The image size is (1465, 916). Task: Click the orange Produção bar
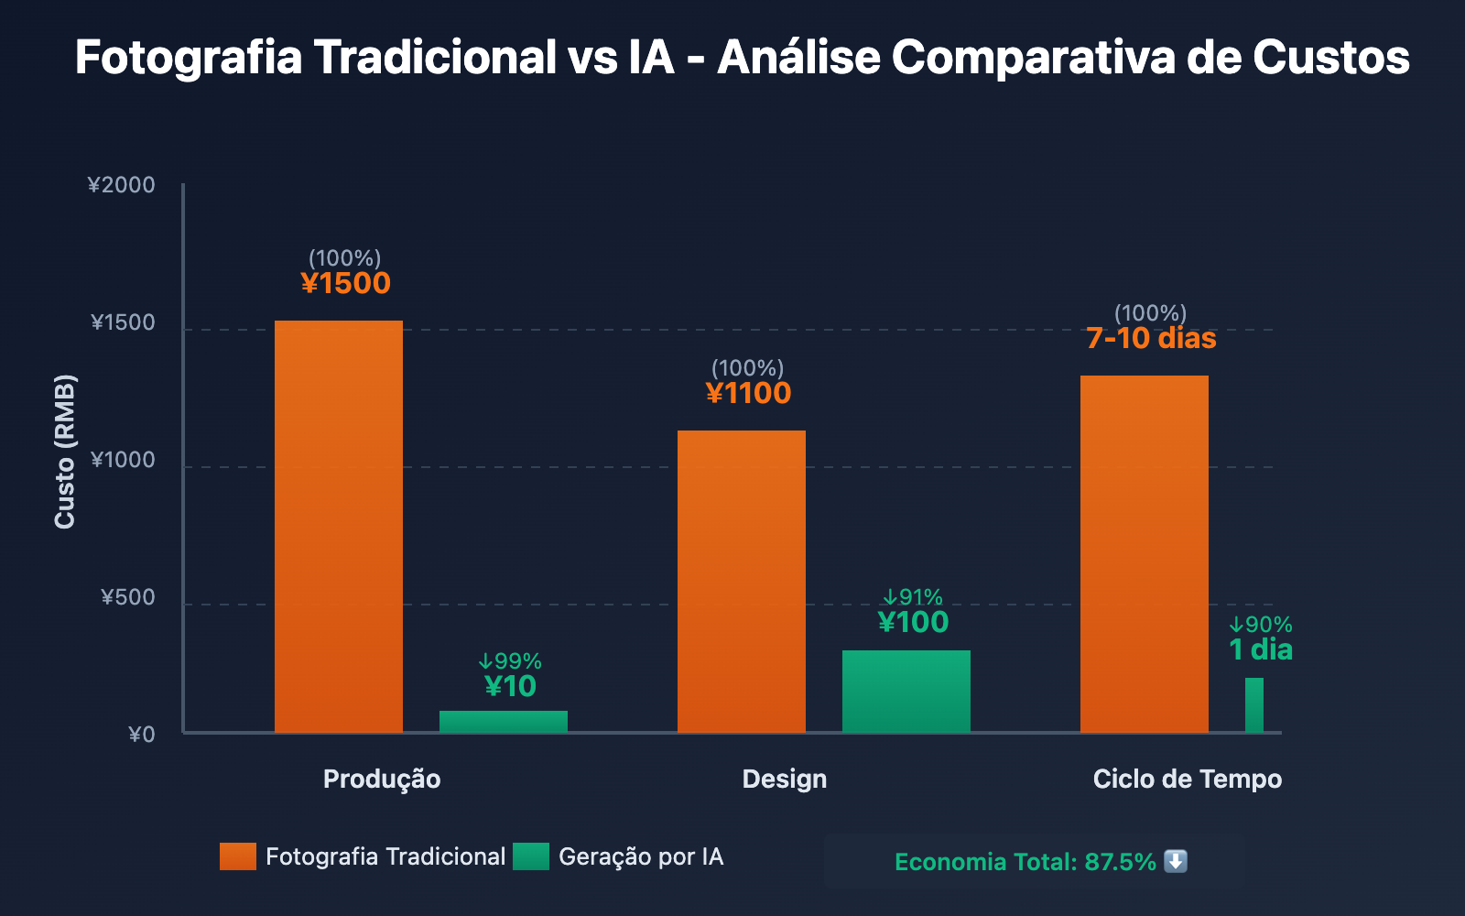pos(339,527)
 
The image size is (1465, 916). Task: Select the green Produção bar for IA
pos(504,722)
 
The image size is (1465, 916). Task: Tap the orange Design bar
pos(742,582)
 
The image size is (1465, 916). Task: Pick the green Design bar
pos(906,692)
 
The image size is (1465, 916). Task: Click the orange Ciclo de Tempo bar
pos(1145,554)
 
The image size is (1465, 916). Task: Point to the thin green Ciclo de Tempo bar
pos(1254,705)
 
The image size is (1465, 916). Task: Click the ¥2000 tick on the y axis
pos(122,185)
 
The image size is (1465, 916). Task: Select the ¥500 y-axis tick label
pos(128,598)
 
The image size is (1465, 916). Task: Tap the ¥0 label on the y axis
pos(142,735)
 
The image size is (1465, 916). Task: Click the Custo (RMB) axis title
pos(65,452)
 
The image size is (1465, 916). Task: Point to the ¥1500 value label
pos(346,284)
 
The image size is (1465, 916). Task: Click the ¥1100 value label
pos(749,394)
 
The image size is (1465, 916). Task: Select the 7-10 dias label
pos(1151,339)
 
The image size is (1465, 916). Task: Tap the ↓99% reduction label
pos(510,661)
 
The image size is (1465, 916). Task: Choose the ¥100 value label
pos(913,623)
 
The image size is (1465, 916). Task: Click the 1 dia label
pos(1261,650)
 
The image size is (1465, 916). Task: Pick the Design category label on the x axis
pos(785,780)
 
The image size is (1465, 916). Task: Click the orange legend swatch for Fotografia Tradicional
pos(238,856)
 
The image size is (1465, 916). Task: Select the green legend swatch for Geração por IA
pos(531,856)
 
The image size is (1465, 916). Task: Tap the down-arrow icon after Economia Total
pos(1176,862)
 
